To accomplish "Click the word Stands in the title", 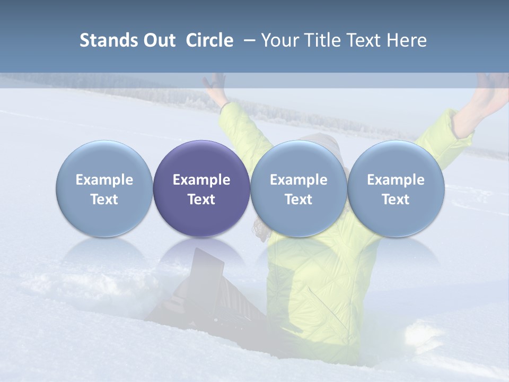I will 109,40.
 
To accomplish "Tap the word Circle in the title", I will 209,40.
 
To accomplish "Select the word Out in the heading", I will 158,40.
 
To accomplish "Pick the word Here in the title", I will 407,40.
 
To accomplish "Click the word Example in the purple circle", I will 201,180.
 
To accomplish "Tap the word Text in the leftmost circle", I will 104,199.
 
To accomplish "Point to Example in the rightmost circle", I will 396,180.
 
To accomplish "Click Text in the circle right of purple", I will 299,199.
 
